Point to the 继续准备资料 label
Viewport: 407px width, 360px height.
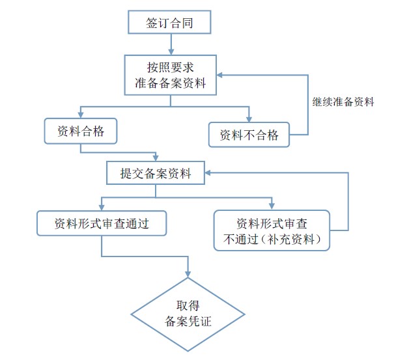click(343, 102)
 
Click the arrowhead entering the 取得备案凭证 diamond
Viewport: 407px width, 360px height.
click(188, 275)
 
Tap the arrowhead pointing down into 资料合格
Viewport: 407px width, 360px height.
click(81, 115)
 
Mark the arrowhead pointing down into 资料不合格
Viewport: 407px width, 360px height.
click(249, 119)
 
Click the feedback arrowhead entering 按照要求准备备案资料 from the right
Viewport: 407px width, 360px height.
click(220, 75)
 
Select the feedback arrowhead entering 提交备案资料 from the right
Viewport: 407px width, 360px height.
click(208, 173)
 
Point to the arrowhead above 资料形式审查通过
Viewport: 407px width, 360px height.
click(102, 208)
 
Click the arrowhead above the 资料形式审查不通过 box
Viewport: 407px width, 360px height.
click(272, 207)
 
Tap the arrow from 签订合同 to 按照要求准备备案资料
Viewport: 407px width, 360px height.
click(171, 44)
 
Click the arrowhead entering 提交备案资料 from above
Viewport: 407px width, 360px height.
click(156, 158)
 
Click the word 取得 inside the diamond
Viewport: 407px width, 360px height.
click(188, 305)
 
